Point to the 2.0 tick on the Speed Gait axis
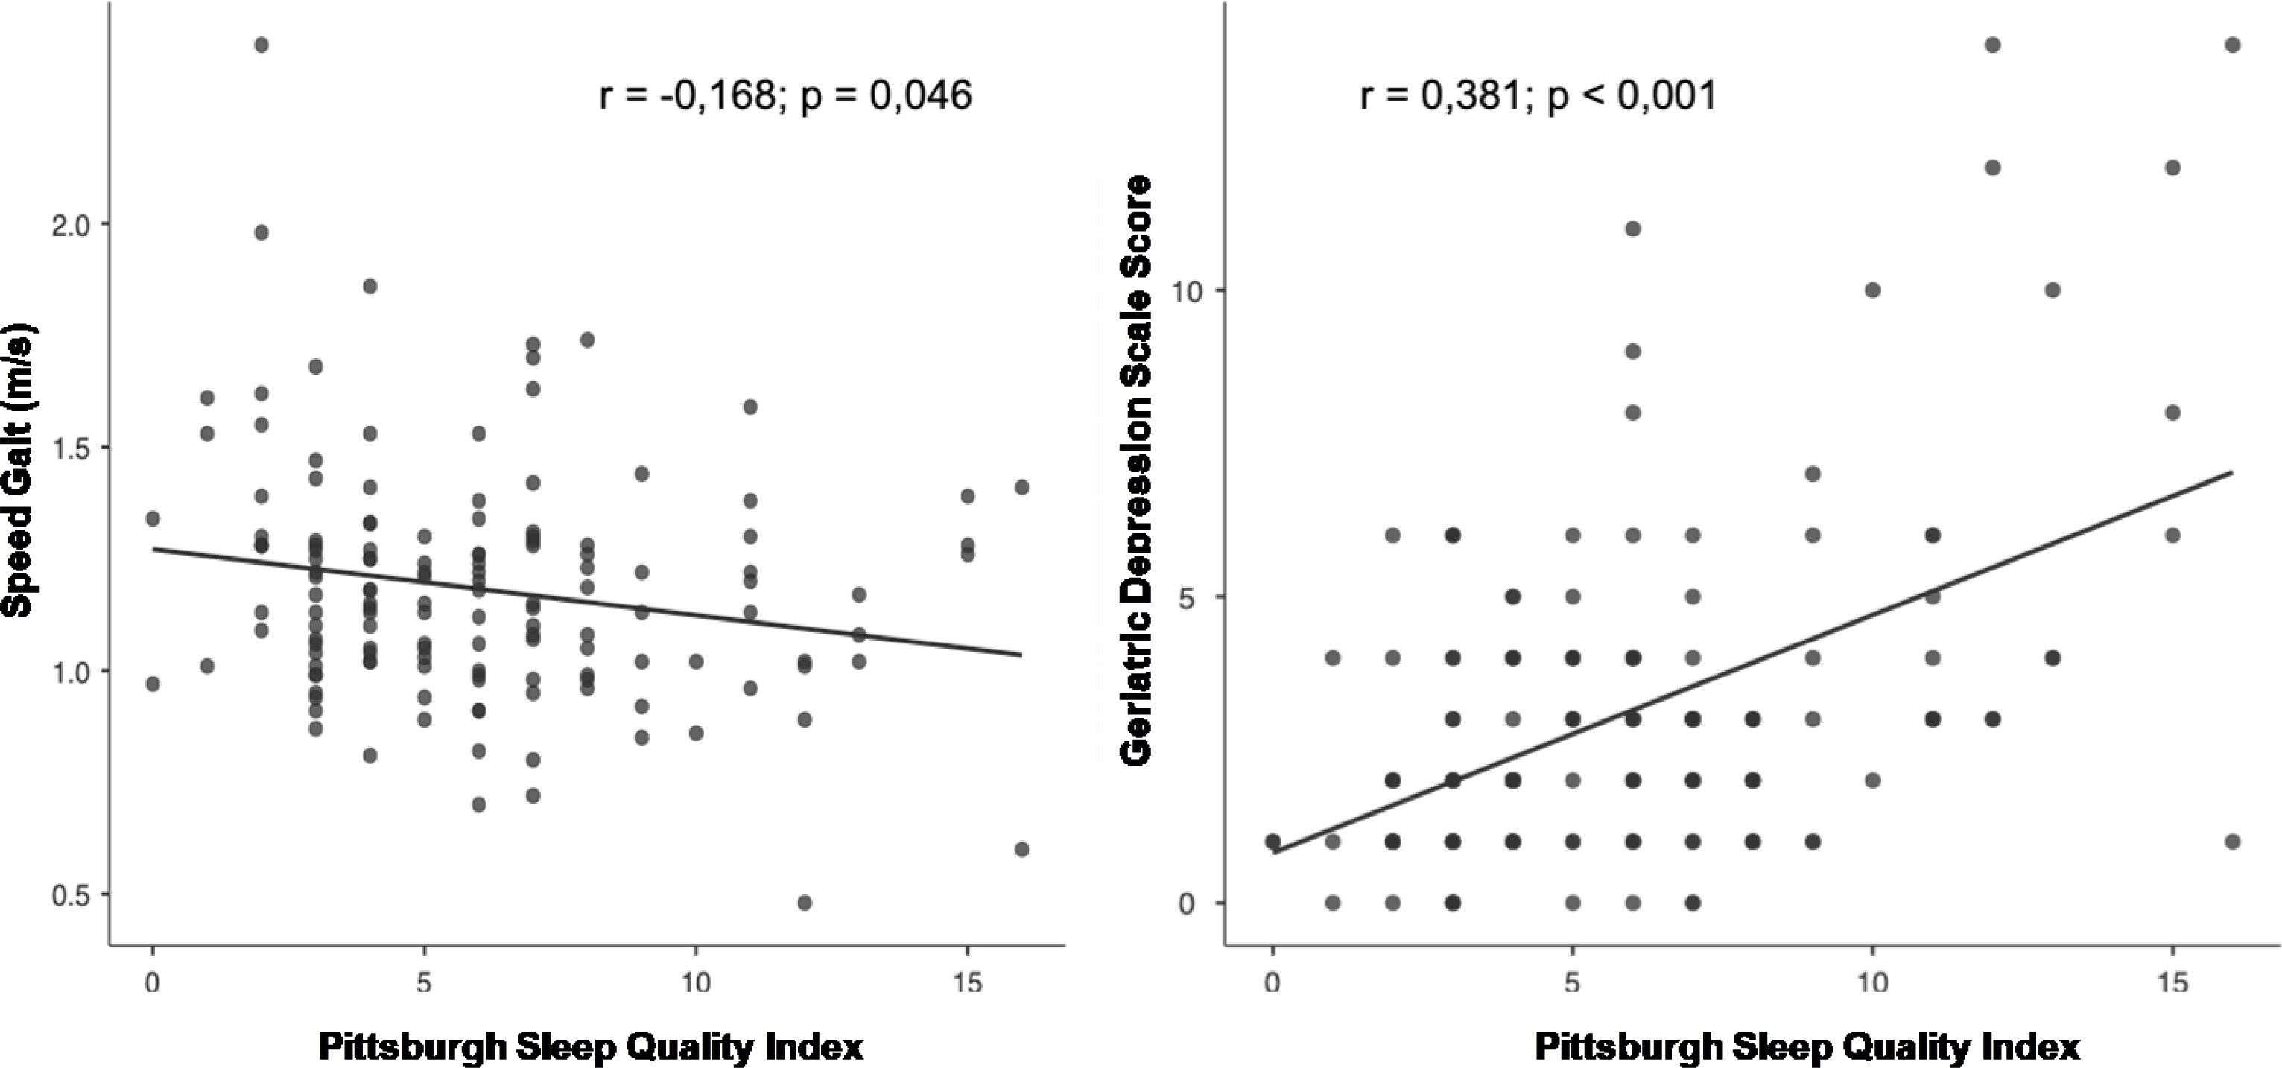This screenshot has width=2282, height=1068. point(71,225)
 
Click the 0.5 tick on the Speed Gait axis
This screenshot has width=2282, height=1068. point(71,895)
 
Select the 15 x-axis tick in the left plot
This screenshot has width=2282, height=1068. point(966,983)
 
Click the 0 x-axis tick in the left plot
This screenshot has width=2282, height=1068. point(153,983)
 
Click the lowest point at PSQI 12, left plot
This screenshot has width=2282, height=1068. point(805,903)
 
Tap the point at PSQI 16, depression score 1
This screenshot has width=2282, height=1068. point(2232,842)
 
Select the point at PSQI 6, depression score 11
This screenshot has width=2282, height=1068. point(1632,229)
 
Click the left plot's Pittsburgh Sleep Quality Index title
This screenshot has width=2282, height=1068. point(591,1046)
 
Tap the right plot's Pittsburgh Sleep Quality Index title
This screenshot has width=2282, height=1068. point(1807,1046)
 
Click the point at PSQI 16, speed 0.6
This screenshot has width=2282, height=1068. point(1021,849)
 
